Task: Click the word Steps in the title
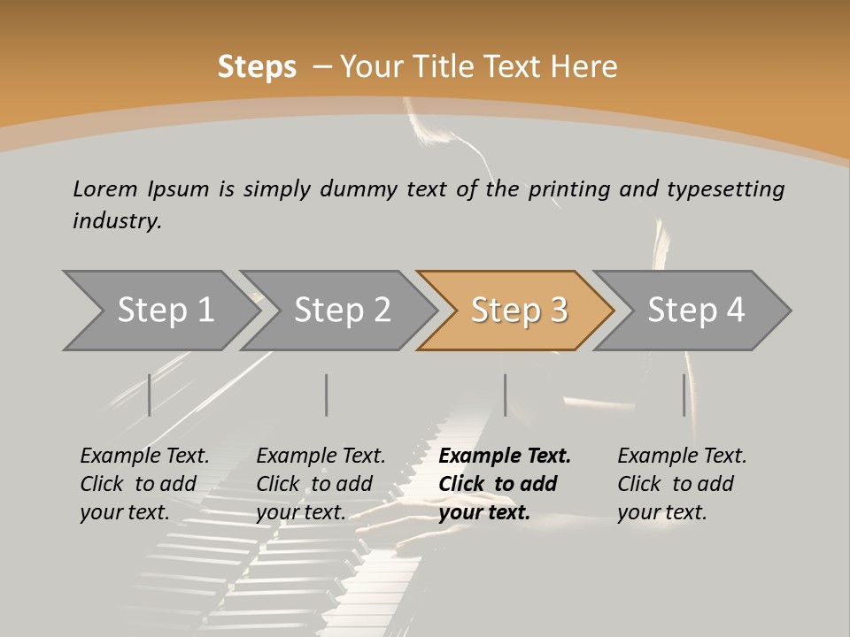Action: (x=257, y=67)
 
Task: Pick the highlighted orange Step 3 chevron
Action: (x=519, y=311)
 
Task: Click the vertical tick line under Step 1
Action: (x=150, y=395)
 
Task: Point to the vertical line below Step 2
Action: (x=327, y=395)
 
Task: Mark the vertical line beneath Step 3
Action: (x=506, y=395)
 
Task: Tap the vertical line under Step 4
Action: (x=684, y=395)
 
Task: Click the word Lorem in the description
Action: (x=104, y=188)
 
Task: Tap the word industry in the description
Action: (x=117, y=220)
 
